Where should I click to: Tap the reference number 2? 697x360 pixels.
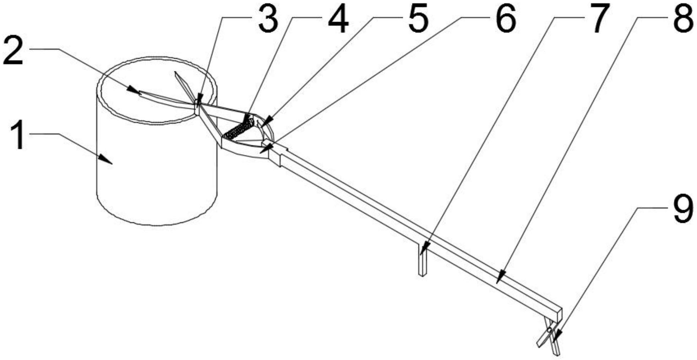(14, 52)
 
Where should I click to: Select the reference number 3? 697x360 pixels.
(268, 20)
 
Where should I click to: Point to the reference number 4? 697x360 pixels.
(338, 20)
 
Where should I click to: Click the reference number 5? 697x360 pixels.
(418, 20)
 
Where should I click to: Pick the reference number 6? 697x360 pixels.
(505, 20)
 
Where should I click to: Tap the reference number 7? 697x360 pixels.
(598, 20)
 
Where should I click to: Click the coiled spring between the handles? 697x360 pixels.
(238, 129)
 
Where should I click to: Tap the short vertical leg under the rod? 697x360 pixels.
(422, 259)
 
